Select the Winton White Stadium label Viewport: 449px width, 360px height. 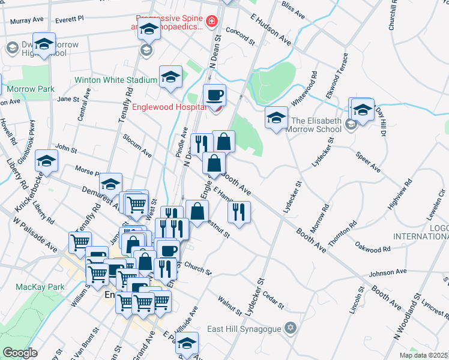pyautogui.click(x=116, y=80)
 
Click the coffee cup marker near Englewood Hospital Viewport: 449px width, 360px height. pyautogui.click(x=214, y=94)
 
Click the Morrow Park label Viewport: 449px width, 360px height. pyautogui.click(x=22, y=89)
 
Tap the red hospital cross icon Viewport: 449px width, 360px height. pyautogui.click(x=211, y=22)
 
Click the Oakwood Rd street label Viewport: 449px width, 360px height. pyautogui.click(x=373, y=247)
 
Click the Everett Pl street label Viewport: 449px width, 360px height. pyautogui.click(x=69, y=20)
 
